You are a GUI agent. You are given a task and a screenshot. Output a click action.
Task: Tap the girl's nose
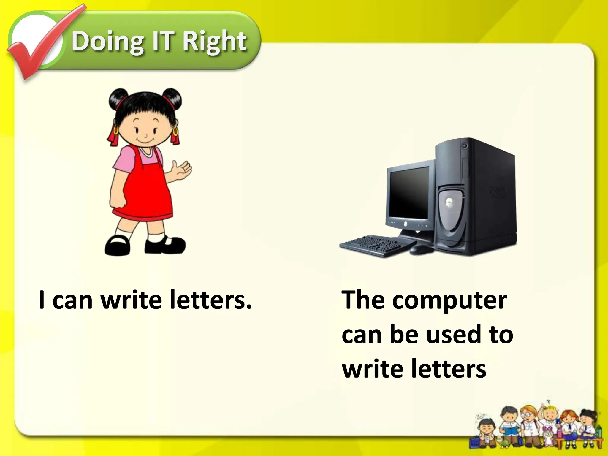click(x=146, y=136)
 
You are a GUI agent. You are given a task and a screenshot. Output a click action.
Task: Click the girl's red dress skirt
click(x=142, y=196)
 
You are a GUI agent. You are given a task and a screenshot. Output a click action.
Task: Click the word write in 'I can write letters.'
click(x=131, y=300)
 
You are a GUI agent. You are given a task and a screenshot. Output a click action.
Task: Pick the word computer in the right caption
click(x=449, y=300)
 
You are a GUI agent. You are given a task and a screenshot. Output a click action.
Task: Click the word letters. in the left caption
click(x=210, y=300)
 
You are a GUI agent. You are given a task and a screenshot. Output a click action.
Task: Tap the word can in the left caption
click(x=72, y=301)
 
